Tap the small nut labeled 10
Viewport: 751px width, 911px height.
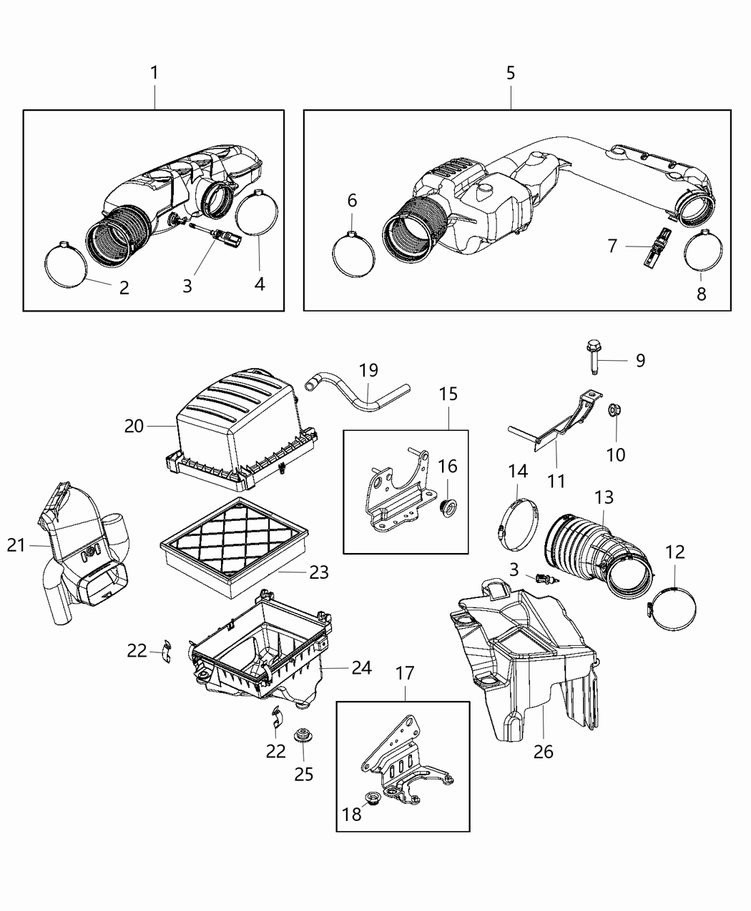pyautogui.click(x=614, y=411)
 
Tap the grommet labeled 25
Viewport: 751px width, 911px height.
pyautogui.click(x=302, y=735)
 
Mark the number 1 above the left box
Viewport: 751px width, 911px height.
pyautogui.click(x=154, y=73)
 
